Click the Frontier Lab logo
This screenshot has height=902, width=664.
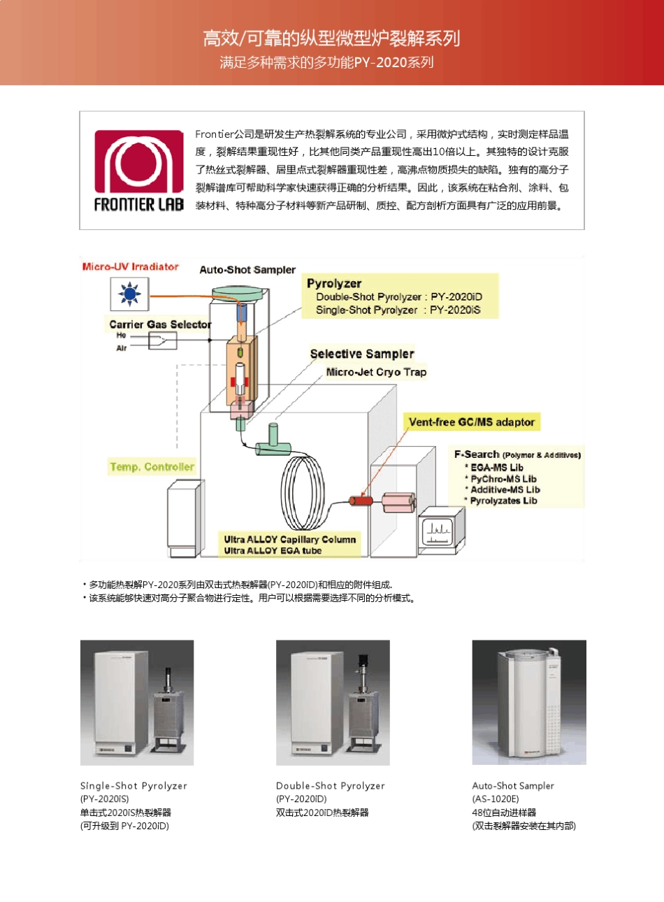point(139,171)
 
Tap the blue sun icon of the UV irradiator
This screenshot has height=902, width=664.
point(129,294)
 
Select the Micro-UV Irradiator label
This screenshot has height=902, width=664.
point(131,266)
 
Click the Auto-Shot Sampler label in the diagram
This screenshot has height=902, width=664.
point(247,270)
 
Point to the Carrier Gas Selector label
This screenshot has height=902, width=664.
point(160,324)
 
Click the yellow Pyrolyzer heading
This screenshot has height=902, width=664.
point(334,283)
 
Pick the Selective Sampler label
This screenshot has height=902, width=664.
point(362,354)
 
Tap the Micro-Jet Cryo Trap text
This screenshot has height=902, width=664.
point(376,372)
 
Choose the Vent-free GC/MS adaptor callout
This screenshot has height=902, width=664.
point(472,422)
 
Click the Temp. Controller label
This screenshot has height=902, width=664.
point(152,466)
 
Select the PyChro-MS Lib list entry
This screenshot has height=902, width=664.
point(503,479)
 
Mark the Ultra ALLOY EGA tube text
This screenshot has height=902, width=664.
point(273,551)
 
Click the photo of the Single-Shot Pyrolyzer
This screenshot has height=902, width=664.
point(137,702)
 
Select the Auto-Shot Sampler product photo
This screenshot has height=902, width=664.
point(529,702)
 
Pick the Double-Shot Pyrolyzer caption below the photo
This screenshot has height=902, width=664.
point(330,786)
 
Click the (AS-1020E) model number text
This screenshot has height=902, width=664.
point(496,799)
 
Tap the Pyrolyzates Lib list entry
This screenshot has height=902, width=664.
point(503,501)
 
